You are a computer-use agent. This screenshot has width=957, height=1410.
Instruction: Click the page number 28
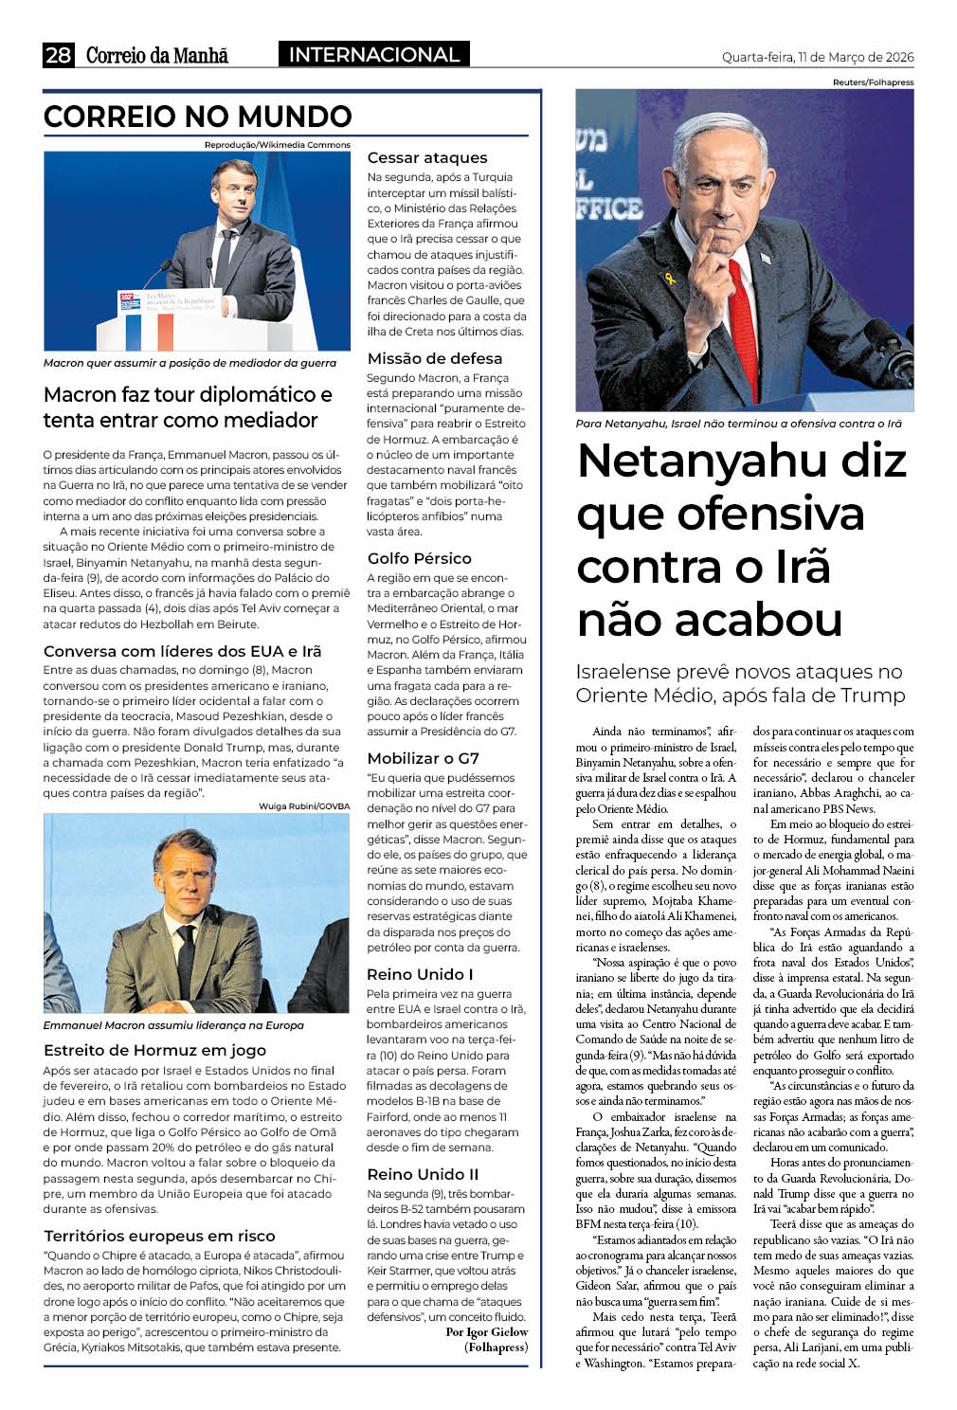click(58, 55)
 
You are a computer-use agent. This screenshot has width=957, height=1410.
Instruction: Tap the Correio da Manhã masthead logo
click(157, 55)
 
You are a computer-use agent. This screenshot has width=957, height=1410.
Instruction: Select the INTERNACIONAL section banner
click(373, 55)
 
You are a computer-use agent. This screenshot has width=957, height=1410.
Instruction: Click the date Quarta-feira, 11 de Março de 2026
click(818, 57)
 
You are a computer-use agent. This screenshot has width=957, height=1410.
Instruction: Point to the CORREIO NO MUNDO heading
click(197, 117)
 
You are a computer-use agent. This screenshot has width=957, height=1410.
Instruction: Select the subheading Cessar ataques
click(427, 158)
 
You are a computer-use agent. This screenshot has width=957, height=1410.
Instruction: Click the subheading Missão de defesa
click(434, 358)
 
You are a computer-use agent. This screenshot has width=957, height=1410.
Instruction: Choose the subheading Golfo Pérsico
click(419, 558)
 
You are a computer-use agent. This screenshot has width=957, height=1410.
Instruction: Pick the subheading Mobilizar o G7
click(423, 758)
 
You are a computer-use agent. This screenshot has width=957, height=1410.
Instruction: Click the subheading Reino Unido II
click(423, 1174)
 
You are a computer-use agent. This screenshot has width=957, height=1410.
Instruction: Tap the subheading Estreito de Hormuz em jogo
click(154, 1050)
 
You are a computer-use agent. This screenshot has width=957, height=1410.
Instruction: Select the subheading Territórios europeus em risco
click(159, 1236)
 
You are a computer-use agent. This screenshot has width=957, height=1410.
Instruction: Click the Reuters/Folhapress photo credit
click(873, 82)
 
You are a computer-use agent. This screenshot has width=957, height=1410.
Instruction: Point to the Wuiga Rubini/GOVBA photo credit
click(303, 806)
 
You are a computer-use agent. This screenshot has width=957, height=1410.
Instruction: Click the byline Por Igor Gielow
click(486, 1332)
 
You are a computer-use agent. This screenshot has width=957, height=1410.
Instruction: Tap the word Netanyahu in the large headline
click(741, 461)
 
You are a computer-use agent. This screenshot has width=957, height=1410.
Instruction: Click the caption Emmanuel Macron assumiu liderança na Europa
click(173, 1025)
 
